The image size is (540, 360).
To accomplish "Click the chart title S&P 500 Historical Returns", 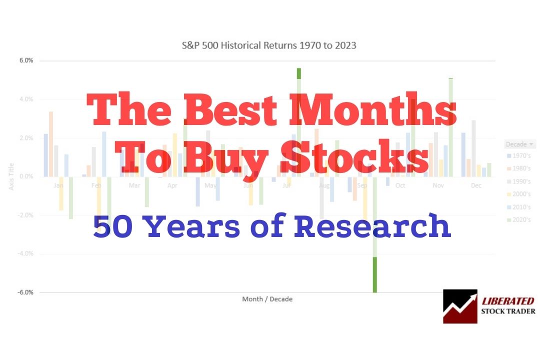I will [x=269, y=45].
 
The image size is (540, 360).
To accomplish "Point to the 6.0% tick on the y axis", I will [x=26, y=60].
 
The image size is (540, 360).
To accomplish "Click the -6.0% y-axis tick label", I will [x=25, y=292].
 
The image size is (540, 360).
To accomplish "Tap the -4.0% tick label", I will [x=25, y=253].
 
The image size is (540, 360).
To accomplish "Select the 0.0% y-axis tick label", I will [x=26, y=176].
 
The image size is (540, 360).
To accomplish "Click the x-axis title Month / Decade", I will [x=267, y=299].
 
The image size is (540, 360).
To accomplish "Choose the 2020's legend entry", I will [x=519, y=219].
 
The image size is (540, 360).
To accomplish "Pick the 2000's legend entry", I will [x=519, y=194].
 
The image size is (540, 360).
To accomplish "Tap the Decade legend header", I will [x=519, y=144].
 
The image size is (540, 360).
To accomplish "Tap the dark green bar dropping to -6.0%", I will [x=374, y=274].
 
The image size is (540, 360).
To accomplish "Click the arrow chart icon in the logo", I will [x=460, y=306].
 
